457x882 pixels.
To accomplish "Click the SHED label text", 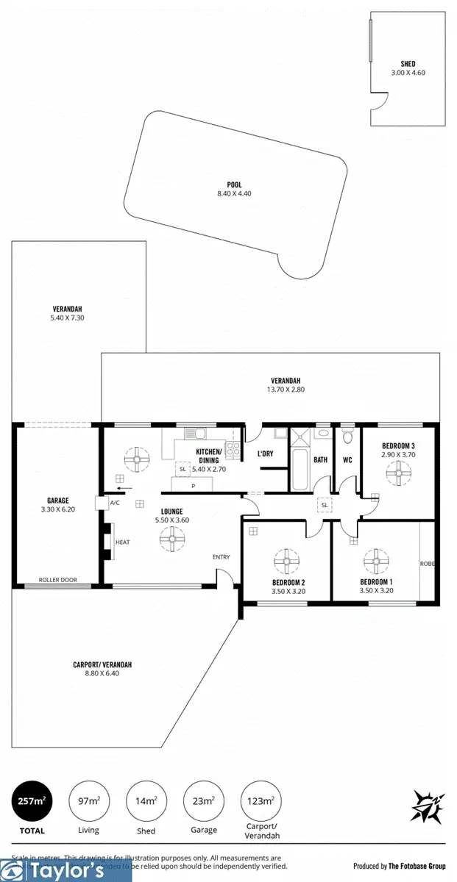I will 408,64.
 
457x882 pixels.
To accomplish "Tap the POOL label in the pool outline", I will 234,185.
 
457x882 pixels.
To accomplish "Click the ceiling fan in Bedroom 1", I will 375,562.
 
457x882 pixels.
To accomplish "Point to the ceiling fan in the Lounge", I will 173,542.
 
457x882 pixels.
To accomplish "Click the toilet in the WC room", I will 347,437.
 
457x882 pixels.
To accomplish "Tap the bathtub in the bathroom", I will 300,470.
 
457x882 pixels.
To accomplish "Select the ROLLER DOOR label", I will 58,579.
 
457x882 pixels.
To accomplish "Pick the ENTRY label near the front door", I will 221,557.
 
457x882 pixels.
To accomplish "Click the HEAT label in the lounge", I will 121,542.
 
